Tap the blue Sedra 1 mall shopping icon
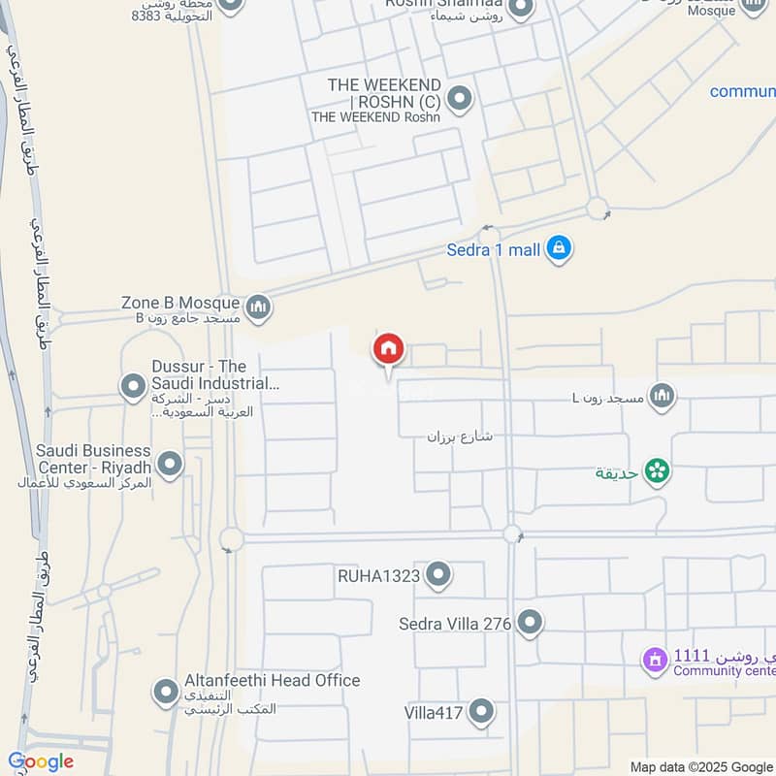[558, 249]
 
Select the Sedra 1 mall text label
[493, 250]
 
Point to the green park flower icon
[658, 472]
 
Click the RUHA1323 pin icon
[438, 575]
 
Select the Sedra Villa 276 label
[454, 624]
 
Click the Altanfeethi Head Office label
[272, 681]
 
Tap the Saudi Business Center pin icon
[170, 464]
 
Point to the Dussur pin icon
[133, 388]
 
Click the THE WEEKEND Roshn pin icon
[460, 99]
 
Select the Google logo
[41, 761]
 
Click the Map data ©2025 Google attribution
[700, 766]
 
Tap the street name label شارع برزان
[460, 436]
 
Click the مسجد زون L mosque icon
[663, 395]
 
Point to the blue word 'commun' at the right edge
[742, 91]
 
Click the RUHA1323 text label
[378, 576]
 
